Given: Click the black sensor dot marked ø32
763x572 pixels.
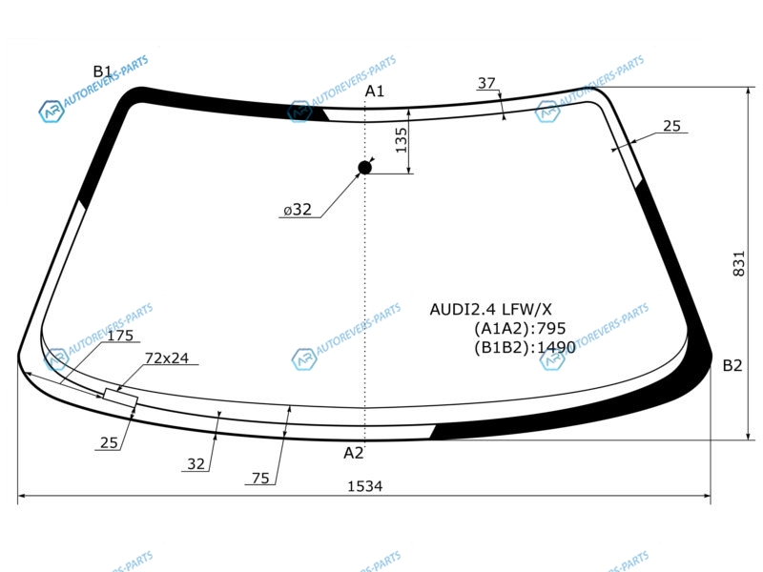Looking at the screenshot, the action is [364, 168].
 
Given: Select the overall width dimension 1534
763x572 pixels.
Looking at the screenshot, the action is [365, 486].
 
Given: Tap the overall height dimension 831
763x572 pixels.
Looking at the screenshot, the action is [738, 264].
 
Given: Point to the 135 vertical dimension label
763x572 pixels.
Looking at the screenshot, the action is [401, 140].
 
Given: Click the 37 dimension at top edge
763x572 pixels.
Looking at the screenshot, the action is [486, 83].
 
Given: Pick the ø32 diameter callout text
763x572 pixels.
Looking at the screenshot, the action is [298, 210].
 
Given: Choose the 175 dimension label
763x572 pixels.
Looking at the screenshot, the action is [120, 336].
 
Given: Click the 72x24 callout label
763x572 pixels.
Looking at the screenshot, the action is [166, 358].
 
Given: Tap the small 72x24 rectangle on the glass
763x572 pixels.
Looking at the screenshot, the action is [121, 398].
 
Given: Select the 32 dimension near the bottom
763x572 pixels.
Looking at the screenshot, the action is [196, 464].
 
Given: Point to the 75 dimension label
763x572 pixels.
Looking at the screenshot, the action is [260, 479].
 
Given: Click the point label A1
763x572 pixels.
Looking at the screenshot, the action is [375, 91].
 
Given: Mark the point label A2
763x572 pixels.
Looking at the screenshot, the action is [354, 453].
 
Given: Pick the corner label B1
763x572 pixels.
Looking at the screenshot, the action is [103, 71].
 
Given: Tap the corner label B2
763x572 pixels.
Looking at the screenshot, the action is [732, 365].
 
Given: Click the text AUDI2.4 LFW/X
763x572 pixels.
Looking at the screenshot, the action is [490, 309].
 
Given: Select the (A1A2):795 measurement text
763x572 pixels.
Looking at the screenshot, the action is [520, 328].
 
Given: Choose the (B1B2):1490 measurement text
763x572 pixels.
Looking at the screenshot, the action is [526, 347].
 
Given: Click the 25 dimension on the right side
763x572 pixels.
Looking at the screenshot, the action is [671, 126].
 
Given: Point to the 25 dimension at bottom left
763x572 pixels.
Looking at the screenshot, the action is [109, 442].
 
